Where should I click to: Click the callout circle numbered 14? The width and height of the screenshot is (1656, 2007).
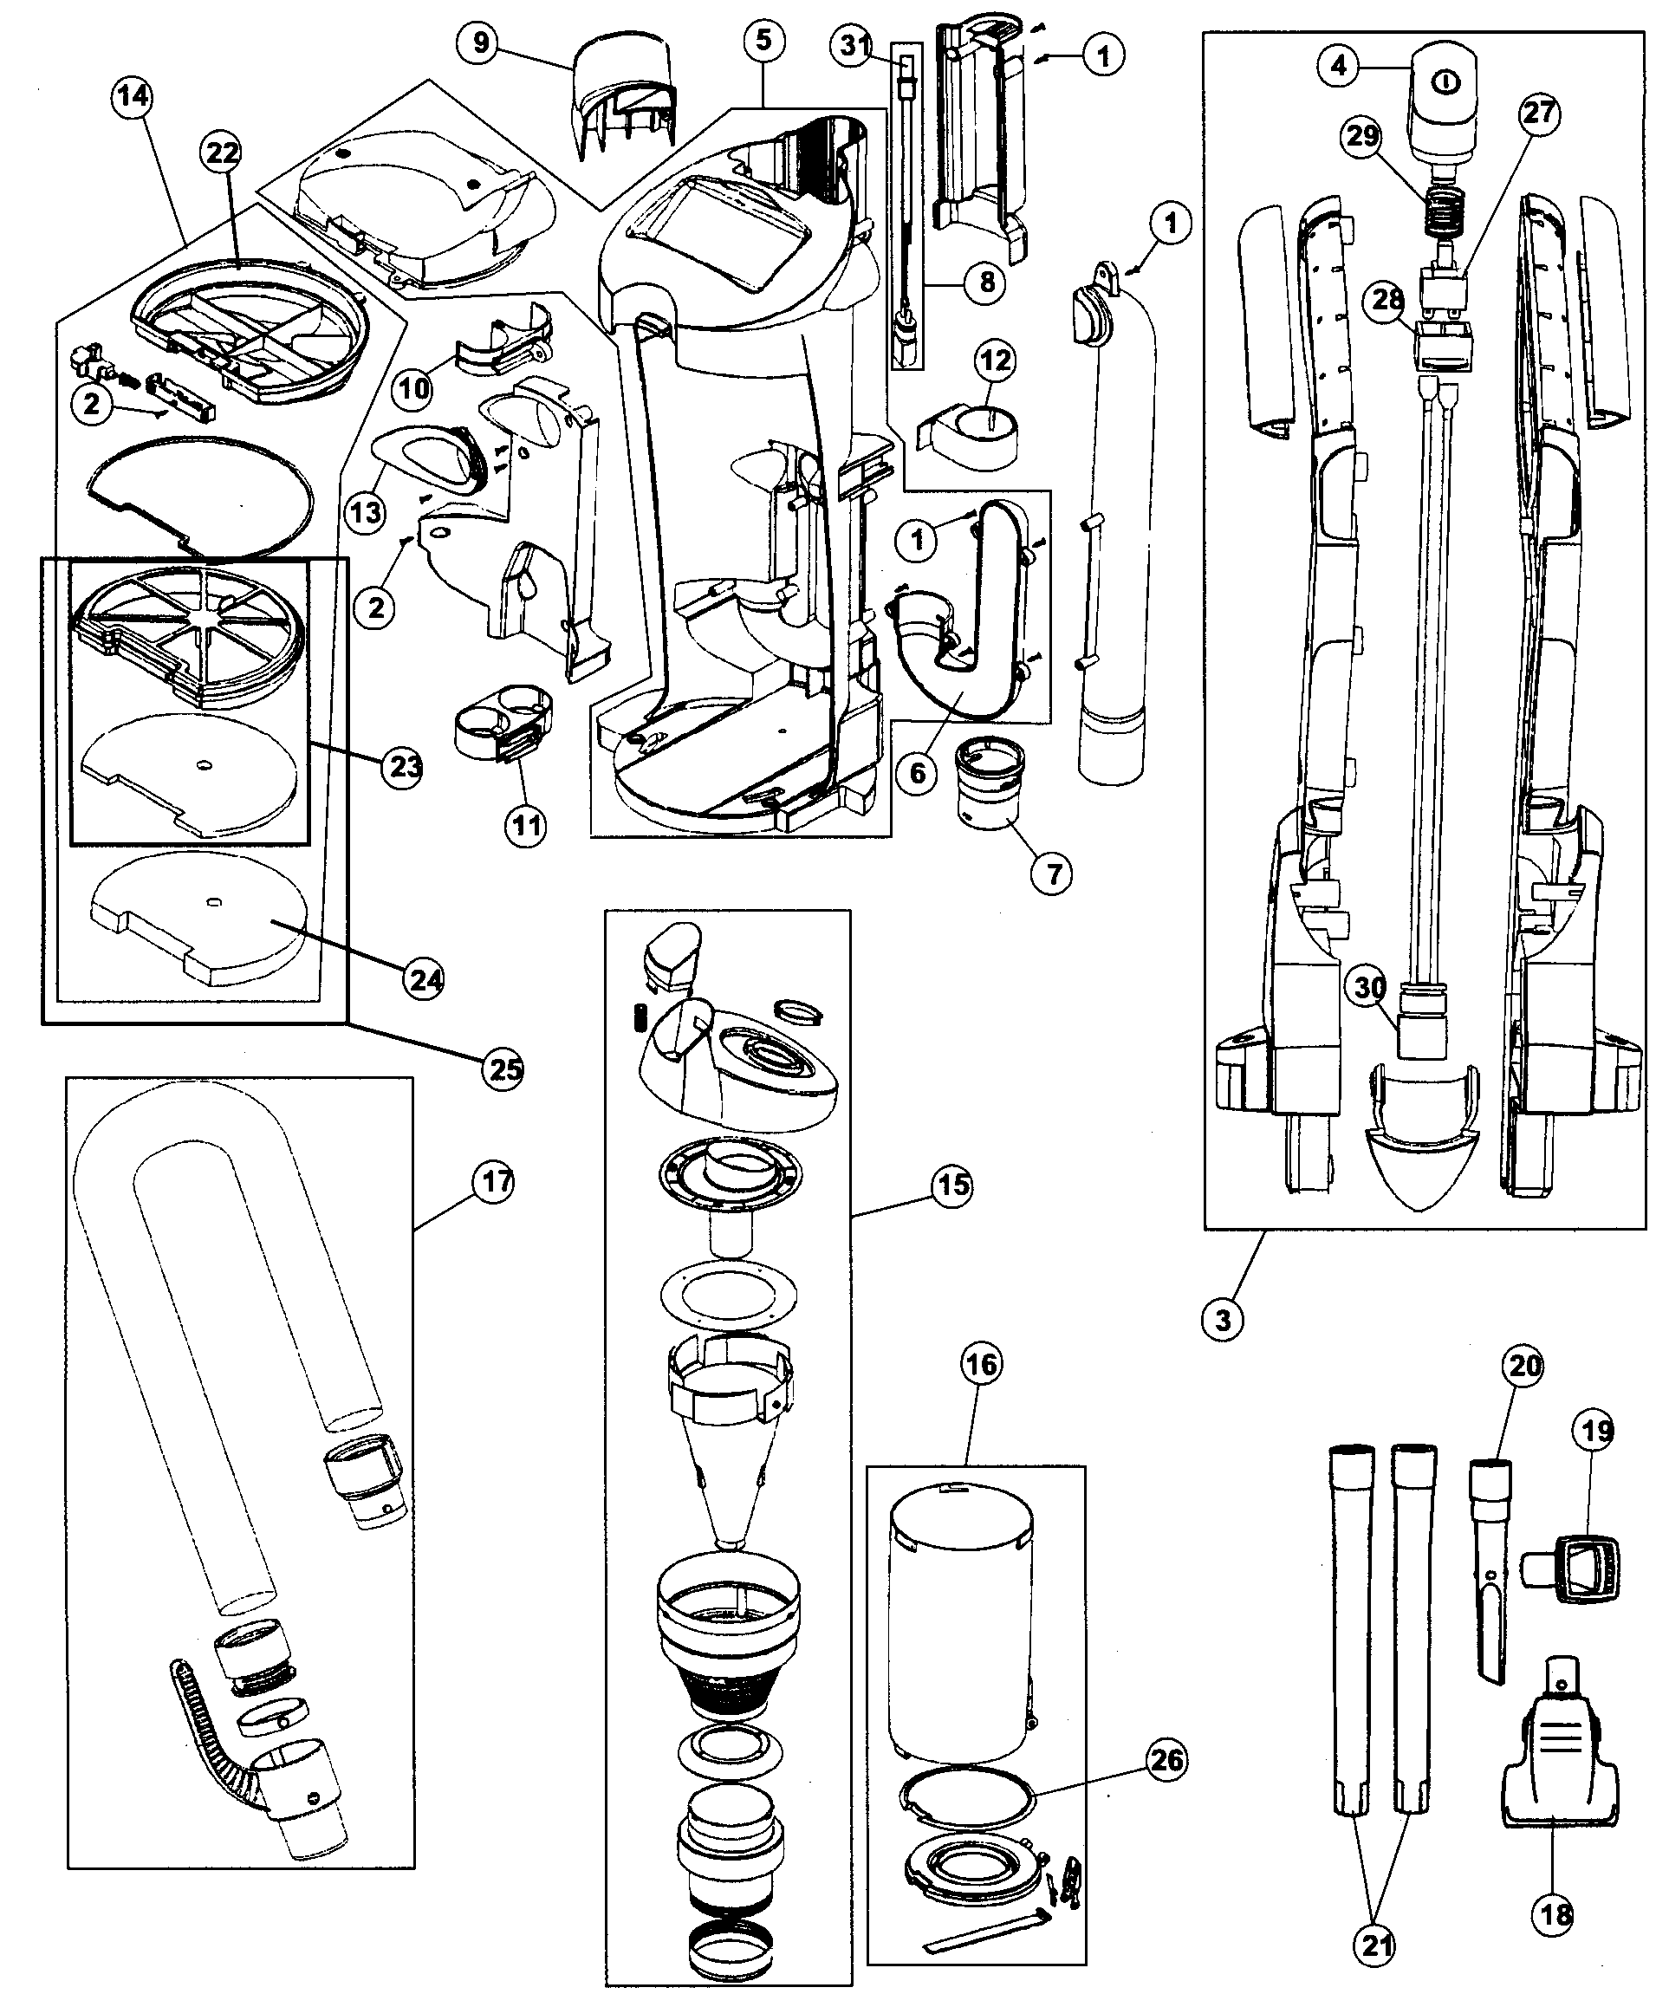coord(132,95)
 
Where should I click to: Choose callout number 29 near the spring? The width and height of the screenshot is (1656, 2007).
coord(1362,135)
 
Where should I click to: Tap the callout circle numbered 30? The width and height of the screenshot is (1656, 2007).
coord(1370,987)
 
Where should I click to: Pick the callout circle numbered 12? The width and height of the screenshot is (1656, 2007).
coord(995,360)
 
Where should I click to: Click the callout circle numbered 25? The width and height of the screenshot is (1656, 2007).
coord(503,1069)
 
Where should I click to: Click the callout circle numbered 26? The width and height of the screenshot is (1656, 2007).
coord(1167,1760)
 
